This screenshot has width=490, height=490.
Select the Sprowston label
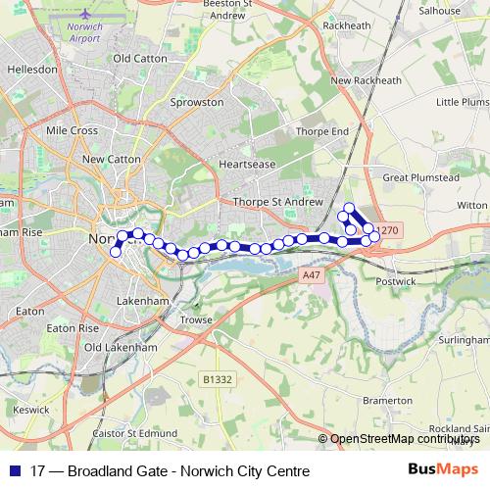(197, 101)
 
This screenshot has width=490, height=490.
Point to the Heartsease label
(247, 165)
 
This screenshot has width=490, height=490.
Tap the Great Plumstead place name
(420, 178)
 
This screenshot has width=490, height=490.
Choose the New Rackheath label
(366, 80)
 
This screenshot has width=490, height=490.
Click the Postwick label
(395, 281)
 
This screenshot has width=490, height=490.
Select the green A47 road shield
(311, 276)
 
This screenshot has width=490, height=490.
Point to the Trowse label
(196, 319)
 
